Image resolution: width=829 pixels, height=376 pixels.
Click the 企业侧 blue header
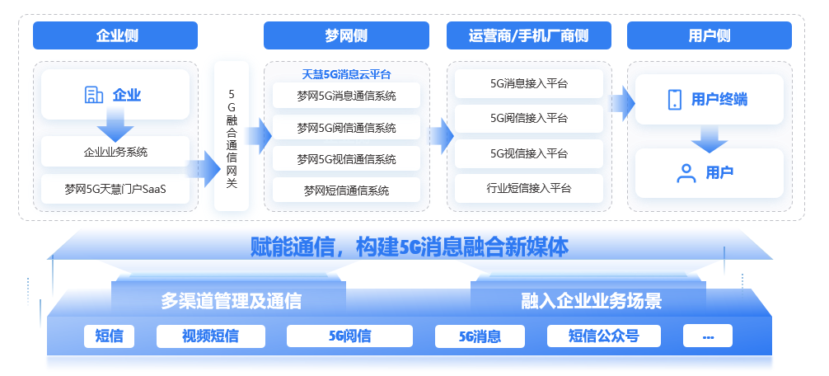[115, 35]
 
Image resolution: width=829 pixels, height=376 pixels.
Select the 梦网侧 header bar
[346, 35]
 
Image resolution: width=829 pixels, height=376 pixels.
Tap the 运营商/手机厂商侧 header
[528, 35]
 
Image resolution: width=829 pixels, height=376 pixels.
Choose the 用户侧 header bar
[710, 35]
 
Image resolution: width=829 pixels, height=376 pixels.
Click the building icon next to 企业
[94, 95]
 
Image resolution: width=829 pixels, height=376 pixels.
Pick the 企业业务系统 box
[115, 152]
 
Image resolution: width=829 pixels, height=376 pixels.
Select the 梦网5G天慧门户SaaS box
[115, 189]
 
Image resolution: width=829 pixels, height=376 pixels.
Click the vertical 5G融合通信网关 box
[232, 135]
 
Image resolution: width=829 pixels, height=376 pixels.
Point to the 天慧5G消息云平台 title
[346, 73]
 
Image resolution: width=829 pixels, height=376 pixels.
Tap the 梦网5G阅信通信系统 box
[346, 128]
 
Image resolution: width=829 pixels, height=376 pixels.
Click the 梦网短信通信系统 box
[346, 190]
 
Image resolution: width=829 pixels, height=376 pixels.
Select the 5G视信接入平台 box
[528, 153]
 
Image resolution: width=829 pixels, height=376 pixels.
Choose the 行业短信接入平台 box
[528, 189]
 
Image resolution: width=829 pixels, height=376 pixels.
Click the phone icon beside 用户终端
[674, 100]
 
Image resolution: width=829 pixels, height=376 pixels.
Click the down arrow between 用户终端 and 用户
[710, 137]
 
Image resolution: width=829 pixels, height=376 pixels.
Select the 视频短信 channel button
[210, 336]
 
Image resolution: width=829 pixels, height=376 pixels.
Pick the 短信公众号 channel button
[603, 336]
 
